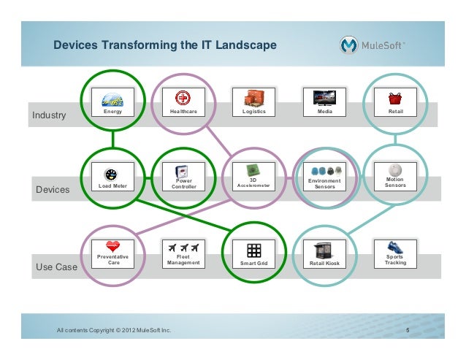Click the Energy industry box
pyautogui.click(x=112, y=103)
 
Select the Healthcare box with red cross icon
pyautogui.click(x=183, y=103)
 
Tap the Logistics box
pyautogui.click(x=253, y=103)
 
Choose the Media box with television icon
pyautogui.click(x=324, y=103)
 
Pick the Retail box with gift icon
pyautogui.click(x=395, y=103)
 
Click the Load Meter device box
pyautogui.click(x=112, y=179)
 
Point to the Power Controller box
pyautogui.click(x=183, y=179)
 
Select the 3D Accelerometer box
pyautogui.click(x=253, y=179)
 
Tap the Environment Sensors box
pyautogui.click(x=324, y=179)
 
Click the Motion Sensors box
pyautogui.click(x=395, y=179)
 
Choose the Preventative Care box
pyautogui.click(x=112, y=254)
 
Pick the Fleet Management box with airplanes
pyautogui.click(x=183, y=254)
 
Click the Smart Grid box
pyautogui.click(x=253, y=254)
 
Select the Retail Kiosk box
pyautogui.click(x=324, y=254)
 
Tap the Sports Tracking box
pyautogui.click(x=395, y=254)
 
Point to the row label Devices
pyautogui.click(x=52, y=191)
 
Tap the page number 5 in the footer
pyautogui.click(x=408, y=331)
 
